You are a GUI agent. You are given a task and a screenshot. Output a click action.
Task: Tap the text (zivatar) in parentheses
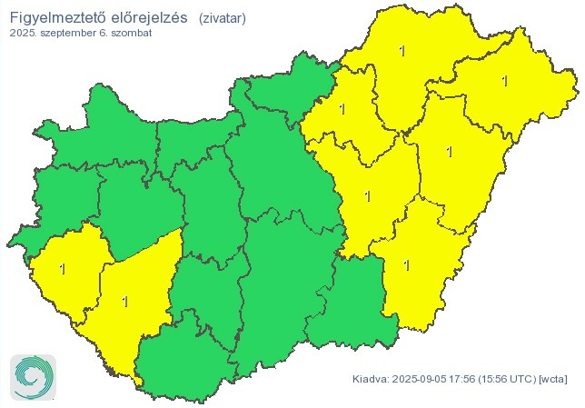(222, 17)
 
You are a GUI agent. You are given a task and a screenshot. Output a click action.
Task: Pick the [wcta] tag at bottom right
(553, 378)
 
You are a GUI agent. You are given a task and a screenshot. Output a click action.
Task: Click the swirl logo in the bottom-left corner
(34, 376)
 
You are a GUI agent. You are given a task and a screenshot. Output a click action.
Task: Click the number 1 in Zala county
(62, 269)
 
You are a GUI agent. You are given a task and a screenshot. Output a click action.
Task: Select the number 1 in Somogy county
(124, 301)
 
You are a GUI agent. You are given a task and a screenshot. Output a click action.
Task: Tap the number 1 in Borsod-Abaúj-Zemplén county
(402, 51)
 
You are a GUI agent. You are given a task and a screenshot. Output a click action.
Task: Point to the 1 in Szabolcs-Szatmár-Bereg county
(504, 81)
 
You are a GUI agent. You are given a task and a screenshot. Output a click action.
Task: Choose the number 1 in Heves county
(342, 110)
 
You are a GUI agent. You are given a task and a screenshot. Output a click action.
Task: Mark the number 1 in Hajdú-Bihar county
(448, 152)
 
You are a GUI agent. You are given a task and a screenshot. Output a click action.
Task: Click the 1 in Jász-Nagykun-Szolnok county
(367, 195)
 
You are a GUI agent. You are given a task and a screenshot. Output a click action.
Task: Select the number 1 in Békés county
(406, 265)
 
